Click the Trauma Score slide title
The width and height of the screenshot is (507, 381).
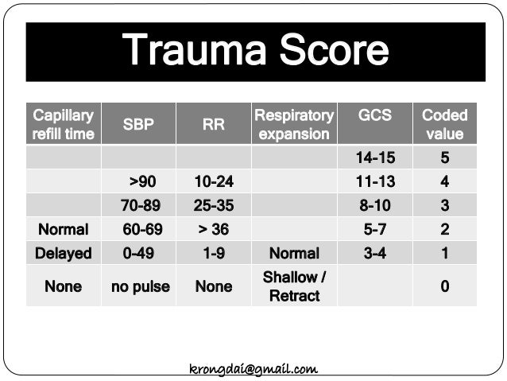pos(255,51)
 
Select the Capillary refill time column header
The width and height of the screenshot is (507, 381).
pos(63,124)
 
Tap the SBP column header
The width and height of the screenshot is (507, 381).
pos(138,124)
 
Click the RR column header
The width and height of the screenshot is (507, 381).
pos(213,124)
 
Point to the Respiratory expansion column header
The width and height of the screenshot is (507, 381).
pos(293,124)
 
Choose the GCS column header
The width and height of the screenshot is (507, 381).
pos(374,115)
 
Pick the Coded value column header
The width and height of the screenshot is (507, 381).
pos(444,124)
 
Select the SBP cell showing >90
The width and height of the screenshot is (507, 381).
pos(140,182)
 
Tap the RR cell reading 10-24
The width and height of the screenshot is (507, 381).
pos(213,182)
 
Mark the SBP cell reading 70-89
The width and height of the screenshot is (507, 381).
pos(140,205)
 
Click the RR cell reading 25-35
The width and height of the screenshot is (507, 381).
pos(213,205)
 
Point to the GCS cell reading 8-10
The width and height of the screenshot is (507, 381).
pos(374,205)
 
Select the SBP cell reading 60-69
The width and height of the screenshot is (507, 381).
pos(140,229)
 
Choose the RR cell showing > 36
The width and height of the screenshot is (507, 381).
pos(213,229)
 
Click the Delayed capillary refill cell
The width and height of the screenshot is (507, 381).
pos(63,253)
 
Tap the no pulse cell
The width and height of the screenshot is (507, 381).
pos(139,286)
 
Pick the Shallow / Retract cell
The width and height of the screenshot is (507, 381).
pos(294,286)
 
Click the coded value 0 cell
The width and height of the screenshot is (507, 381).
pos(444,286)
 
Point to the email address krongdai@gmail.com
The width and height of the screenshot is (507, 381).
pos(253,369)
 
